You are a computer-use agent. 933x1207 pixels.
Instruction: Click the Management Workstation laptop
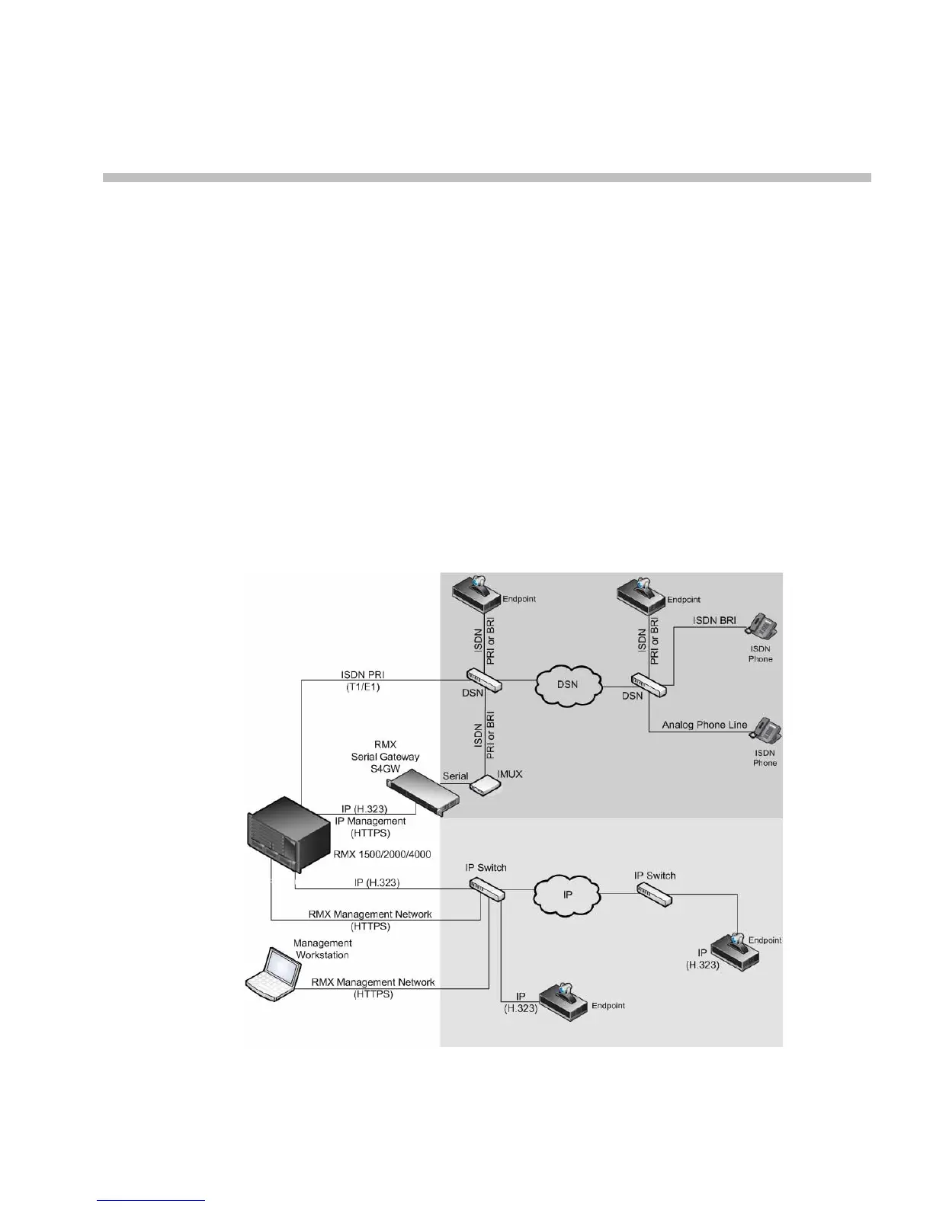click(x=271, y=974)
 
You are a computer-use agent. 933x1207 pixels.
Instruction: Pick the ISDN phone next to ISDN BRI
click(x=762, y=626)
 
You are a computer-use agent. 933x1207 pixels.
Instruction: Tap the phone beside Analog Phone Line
click(x=766, y=730)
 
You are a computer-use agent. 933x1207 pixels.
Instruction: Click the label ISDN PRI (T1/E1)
click(x=362, y=680)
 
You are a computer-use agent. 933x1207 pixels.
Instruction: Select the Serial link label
click(x=455, y=776)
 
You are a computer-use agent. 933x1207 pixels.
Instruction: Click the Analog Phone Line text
click(x=704, y=725)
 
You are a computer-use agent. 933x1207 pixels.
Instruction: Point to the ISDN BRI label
click(x=714, y=620)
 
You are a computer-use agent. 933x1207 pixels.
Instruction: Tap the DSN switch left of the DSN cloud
click(x=485, y=680)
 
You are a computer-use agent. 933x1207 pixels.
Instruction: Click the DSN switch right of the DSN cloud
click(x=649, y=684)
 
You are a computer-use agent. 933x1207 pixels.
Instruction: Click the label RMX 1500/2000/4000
click(x=382, y=854)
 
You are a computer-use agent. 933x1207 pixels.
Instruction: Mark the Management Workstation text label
click(x=322, y=949)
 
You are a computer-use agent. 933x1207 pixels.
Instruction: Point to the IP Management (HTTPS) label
click(x=370, y=827)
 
